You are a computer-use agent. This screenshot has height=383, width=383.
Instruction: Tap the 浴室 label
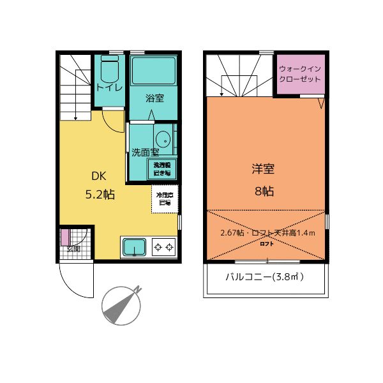[154, 98]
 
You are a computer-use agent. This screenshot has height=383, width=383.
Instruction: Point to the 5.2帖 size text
[100, 195]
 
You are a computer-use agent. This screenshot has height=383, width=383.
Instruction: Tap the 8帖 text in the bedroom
[264, 190]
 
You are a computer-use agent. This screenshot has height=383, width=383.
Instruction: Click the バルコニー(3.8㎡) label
[264, 277]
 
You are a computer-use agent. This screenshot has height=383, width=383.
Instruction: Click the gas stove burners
[163, 246]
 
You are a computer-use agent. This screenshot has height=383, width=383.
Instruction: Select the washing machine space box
[162, 169]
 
